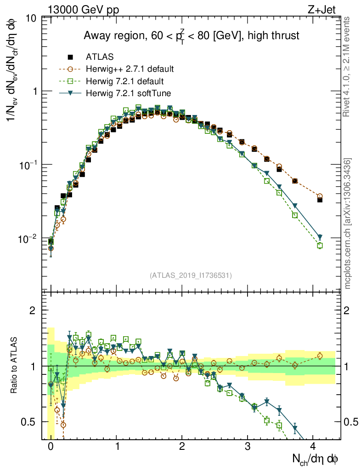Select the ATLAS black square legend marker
[x=71, y=57]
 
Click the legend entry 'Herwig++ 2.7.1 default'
[x=130, y=69]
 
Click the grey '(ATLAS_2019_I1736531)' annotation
[x=191, y=276]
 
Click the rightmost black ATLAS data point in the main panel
[x=320, y=200]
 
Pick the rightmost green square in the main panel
[x=320, y=246]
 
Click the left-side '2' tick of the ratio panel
[x=33, y=310]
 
